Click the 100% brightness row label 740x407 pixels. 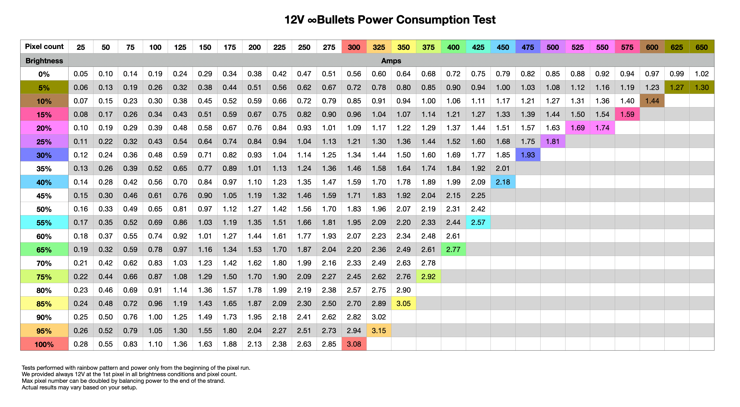tap(44, 344)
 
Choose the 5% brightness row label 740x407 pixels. tap(44, 87)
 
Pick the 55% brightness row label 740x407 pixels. tap(44, 222)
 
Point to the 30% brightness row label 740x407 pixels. tap(44, 155)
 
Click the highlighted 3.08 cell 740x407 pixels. tap(354, 344)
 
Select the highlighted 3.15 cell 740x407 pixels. tap(379, 330)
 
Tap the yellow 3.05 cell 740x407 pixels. tap(404, 304)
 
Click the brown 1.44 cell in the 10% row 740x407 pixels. tap(652, 101)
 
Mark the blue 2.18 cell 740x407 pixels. tap(503, 182)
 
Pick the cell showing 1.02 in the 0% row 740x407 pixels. tap(702, 74)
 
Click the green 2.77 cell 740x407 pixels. tap(453, 250)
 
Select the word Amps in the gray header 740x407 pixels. tap(391, 61)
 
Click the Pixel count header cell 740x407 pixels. tap(44, 47)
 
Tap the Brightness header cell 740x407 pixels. tap(44, 60)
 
